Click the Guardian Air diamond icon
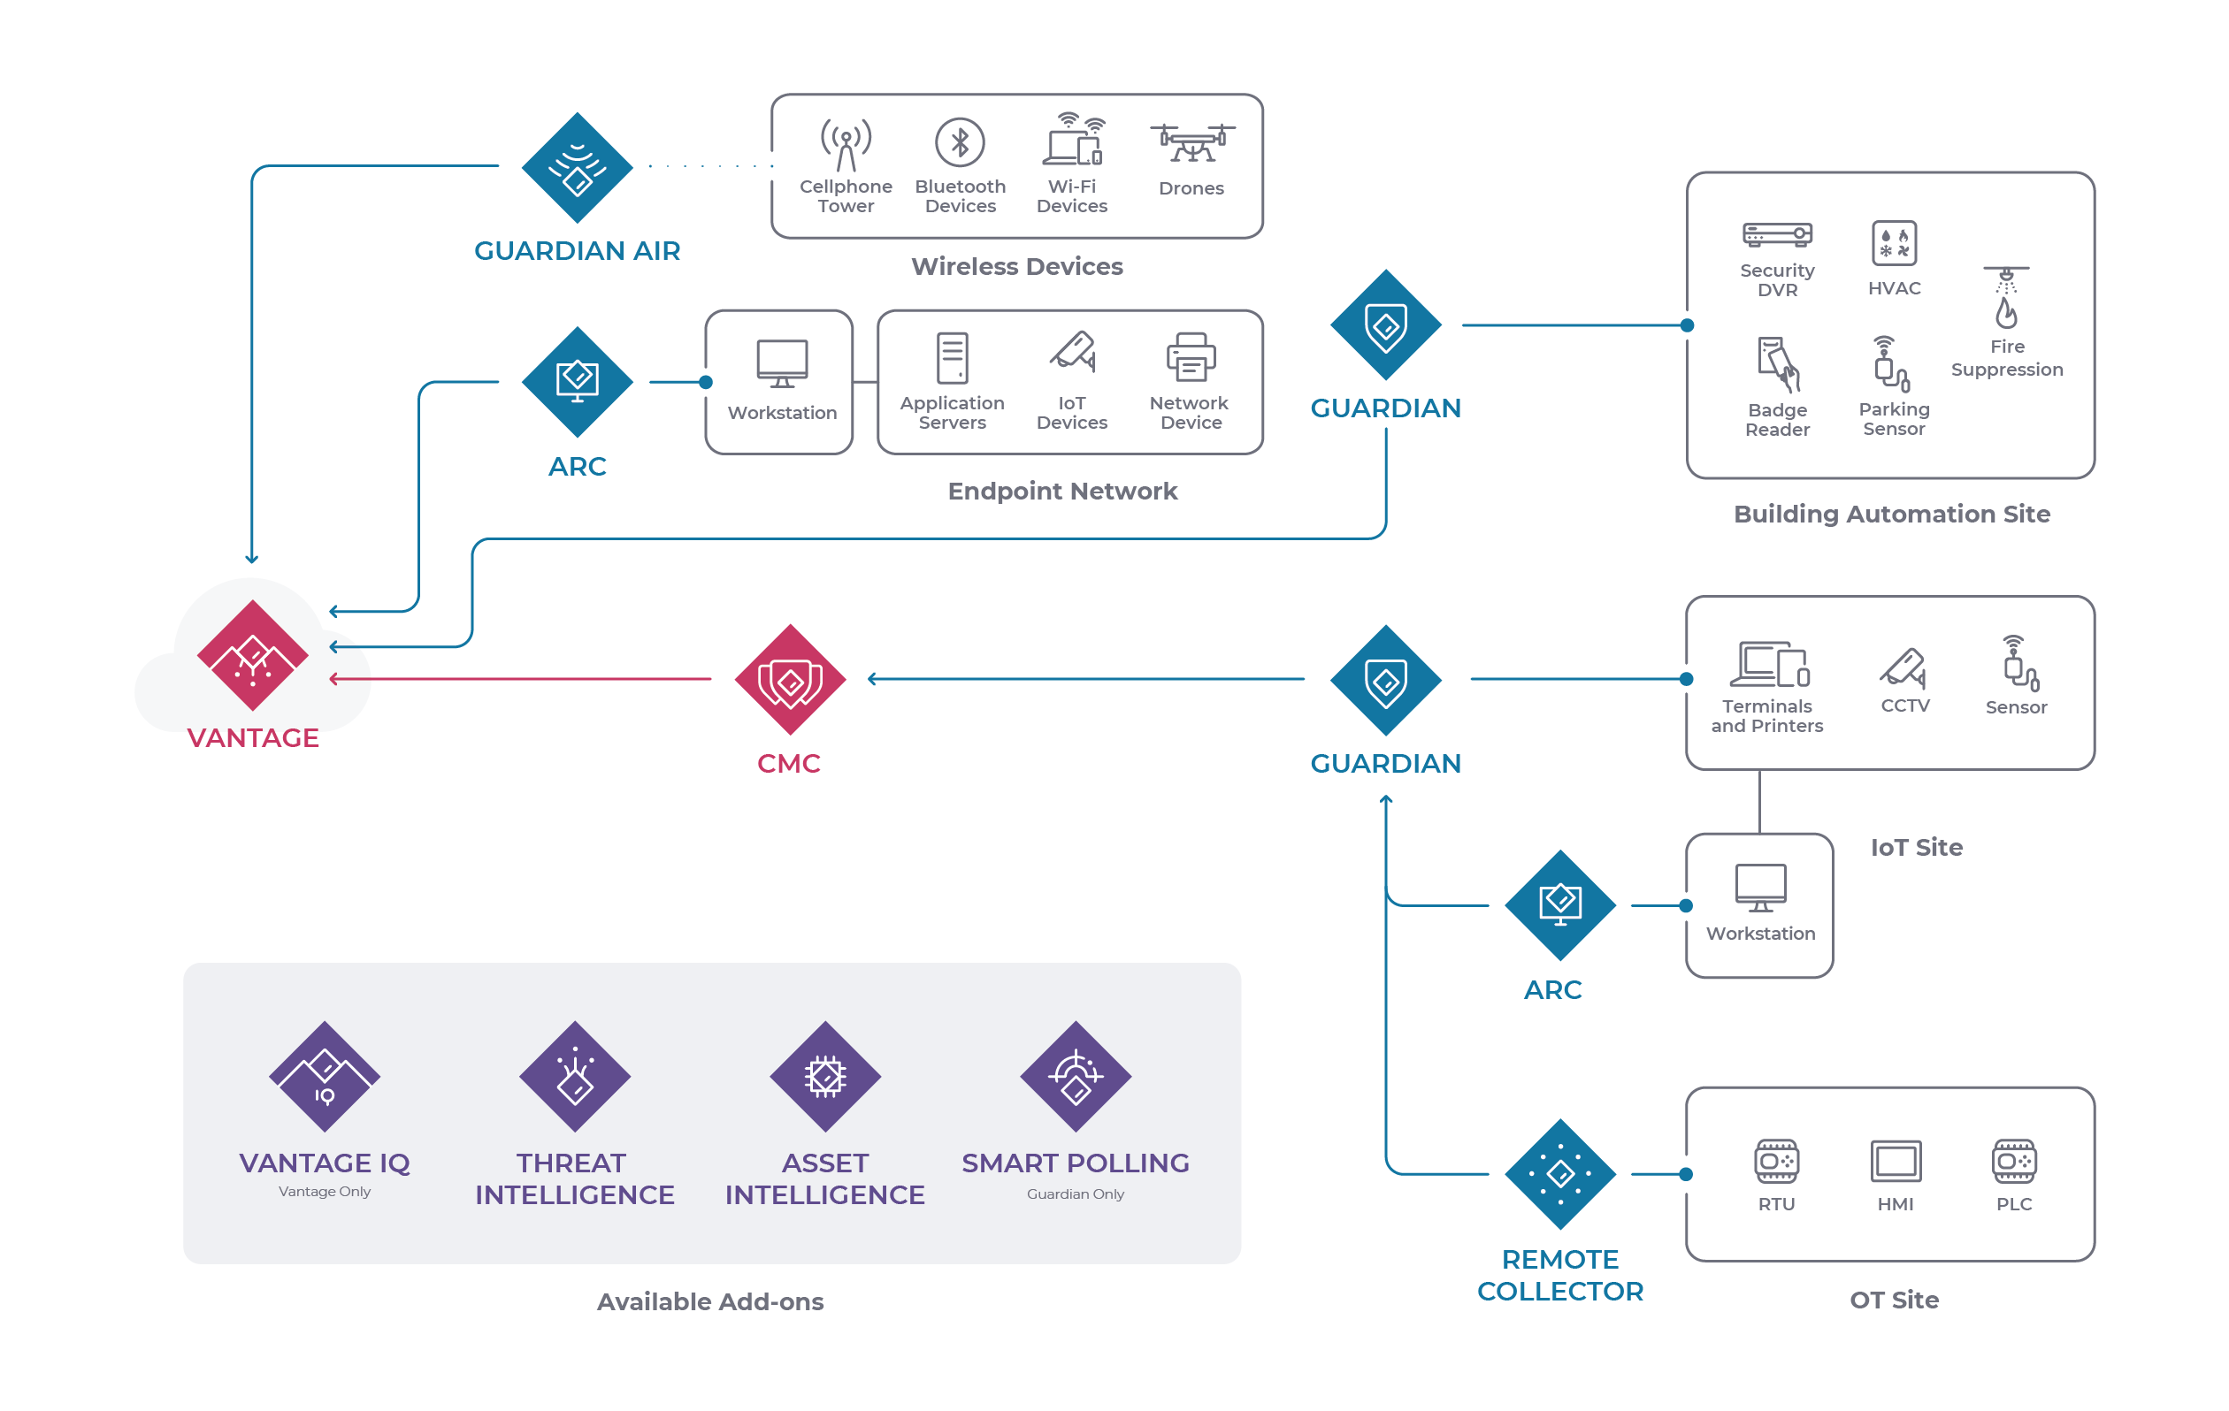[x=577, y=167]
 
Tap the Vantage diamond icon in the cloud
[x=252, y=655]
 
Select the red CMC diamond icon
[x=790, y=679]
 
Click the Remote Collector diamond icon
[x=1559, y=1173]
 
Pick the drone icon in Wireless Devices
[x=1191, y=143]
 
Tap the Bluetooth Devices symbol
[x=959, y=142]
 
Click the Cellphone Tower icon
[x=845, y=144]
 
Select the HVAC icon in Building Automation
[x=1893, y=243]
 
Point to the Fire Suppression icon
[x=2005, y=298]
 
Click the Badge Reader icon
[x=1776, y=364]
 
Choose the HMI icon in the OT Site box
[x=1895, y=1160]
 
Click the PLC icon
[x=2013, y=1160]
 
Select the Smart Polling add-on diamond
[x=1075, y=1076]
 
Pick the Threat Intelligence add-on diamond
[x=575, y=1076]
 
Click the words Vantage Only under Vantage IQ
[x=324, y=1191]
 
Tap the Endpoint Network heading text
[x=1061, y=491]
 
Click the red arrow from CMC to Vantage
[x=518, y=679]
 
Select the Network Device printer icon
[x=1191, y=357]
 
